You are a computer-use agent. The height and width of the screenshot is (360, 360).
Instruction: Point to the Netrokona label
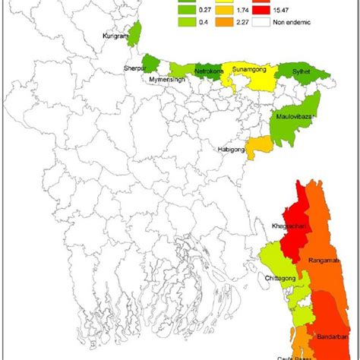tap(209, 73)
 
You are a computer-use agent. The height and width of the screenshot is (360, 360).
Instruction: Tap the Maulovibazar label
tap(297, 116)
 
